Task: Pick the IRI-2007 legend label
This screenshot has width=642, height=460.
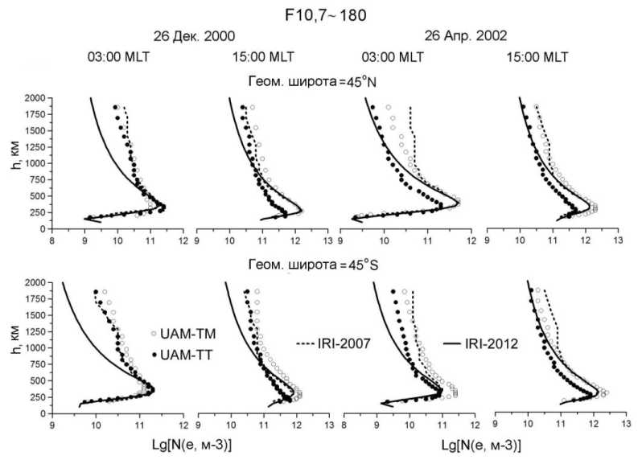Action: [331, 343]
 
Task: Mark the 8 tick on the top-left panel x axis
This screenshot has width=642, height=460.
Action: [51, 239]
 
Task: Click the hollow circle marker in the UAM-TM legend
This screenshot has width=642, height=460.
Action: [154, 333]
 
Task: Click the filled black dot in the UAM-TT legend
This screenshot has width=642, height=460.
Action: [154, 355]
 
